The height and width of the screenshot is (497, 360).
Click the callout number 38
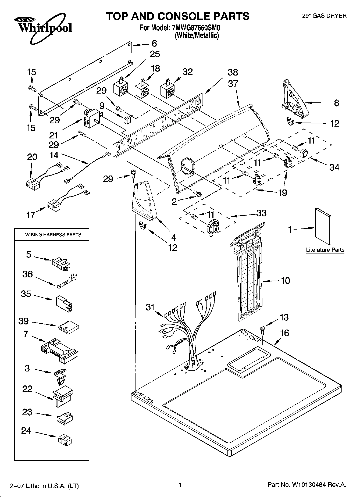pyautogui.click(x=233, y=72)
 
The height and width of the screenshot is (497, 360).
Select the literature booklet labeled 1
pyautogui.click(x=323, y=226)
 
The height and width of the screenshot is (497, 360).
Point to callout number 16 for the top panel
pyautogui.click(x=284, y=333)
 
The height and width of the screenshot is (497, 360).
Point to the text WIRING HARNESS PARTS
pyautogui.click(x=53, y=235)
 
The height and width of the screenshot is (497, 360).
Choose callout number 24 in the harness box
pyautogui.click(x=26, y=431)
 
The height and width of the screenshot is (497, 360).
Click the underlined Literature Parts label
pyautogui.click(x=325, y=250)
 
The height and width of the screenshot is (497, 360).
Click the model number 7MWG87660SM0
pyautogui.click(x=196, y=27)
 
